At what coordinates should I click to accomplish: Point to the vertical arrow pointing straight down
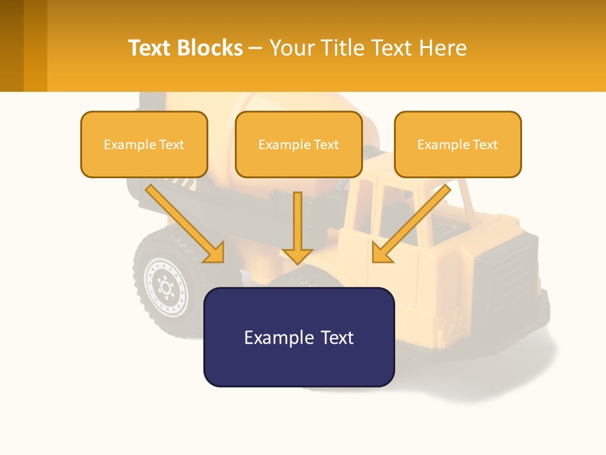tap(297, 227)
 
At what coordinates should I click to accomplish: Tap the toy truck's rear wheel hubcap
tap(166, 286)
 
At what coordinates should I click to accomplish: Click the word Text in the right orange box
tap(485, 145)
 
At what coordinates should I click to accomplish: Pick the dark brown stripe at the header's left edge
tap(11, 45)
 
